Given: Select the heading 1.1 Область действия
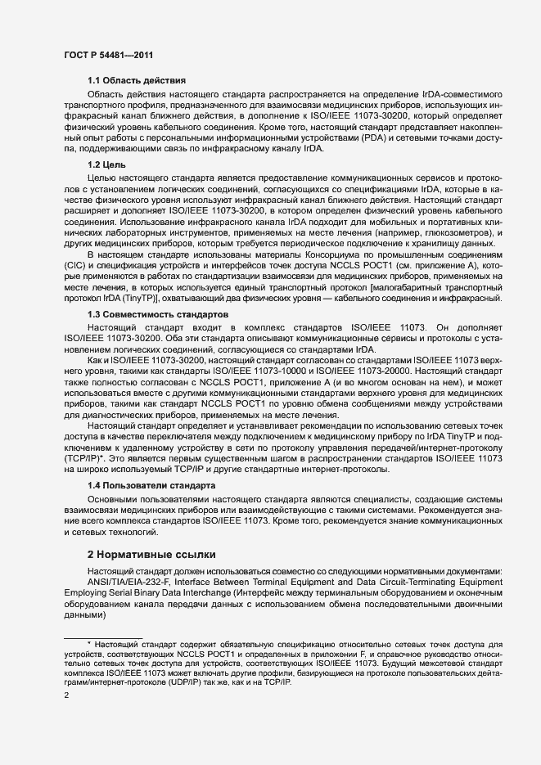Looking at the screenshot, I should tap(137, 81).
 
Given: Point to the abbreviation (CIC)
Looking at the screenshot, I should tap(76, 267).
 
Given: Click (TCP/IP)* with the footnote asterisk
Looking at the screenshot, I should tap(84, 459).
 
